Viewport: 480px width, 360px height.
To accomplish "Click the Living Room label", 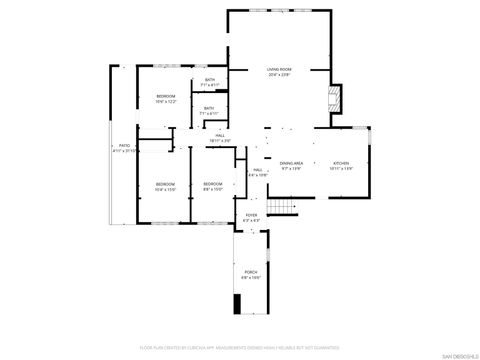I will (278, 69).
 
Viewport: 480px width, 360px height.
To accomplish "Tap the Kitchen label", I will (342, 163).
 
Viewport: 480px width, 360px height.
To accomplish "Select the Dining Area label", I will (292, 163).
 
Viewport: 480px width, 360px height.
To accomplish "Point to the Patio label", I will (125, 145).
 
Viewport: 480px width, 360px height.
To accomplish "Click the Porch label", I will (251, 271).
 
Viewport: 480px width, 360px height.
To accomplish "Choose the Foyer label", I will (251, 215).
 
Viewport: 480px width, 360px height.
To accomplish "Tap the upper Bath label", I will (210, 80).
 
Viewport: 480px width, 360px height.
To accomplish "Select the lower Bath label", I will (210, 108).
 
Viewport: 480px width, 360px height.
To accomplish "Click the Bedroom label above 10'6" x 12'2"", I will (165, 96).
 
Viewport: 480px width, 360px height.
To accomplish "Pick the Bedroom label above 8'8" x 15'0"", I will (212, 184).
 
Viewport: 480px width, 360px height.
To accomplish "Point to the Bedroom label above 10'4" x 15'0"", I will (165, 184).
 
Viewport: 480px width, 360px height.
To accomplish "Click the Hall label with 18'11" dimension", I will (221, 135).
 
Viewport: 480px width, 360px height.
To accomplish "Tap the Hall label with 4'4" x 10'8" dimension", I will (257, 170).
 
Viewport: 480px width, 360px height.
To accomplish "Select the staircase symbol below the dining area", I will (285, 208).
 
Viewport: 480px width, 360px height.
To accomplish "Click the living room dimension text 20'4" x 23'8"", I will (278, 75).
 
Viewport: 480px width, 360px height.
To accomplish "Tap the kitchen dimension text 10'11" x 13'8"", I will (342, 169).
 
